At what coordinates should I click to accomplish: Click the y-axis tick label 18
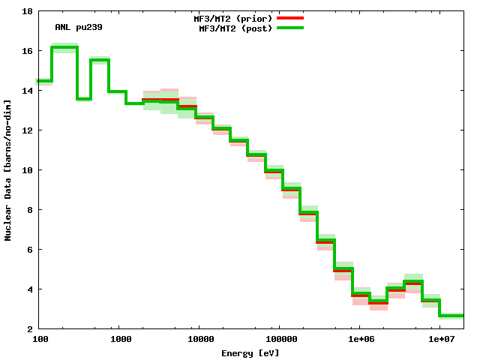[26, 12]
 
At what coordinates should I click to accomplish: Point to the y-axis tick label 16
[26, 51]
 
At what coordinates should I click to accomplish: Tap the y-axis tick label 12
[26, 130]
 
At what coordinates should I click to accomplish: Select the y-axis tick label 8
[28, 210]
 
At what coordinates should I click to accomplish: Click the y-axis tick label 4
[28, 289]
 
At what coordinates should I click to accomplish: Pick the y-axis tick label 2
[28, 329]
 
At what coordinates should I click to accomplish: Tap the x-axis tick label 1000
[120, 340]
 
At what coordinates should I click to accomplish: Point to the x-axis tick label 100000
[279, 340]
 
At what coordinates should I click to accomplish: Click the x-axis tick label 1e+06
[360, 340]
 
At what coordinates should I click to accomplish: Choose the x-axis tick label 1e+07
[440, 340]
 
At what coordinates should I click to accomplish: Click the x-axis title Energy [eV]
[250, 352]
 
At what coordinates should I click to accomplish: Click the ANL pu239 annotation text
[79, 27]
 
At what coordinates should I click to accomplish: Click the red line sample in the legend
[289, 17]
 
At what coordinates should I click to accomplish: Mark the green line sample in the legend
[289, 28]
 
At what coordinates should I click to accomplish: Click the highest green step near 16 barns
[64, 47]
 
